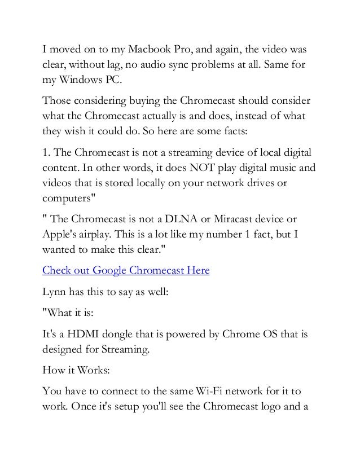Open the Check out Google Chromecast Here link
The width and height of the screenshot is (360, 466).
126,270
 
